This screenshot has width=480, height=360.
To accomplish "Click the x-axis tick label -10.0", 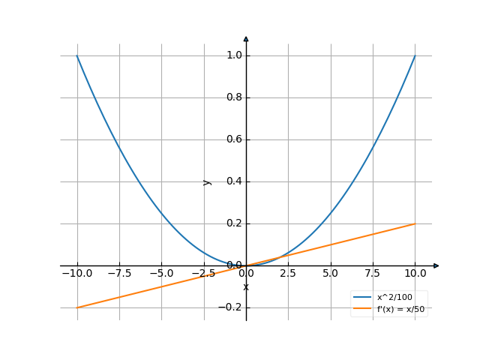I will pos(76,274).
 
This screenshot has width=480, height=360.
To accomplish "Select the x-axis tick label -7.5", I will pos(118,274).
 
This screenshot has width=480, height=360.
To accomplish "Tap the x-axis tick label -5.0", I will pos(160,274).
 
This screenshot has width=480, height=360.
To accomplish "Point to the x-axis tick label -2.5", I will pos(202,274).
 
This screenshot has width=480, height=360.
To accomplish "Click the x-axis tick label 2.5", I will pos(288,274).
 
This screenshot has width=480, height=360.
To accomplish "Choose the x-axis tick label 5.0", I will pos(330,274).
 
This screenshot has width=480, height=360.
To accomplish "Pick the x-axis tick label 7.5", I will pos(372,274).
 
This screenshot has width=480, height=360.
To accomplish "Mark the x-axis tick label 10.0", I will pos(414,274).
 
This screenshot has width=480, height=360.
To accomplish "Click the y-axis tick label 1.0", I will pos(234,55).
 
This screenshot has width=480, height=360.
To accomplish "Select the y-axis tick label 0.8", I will pos(234,97).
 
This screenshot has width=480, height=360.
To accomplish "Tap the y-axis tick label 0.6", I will pos(234,139).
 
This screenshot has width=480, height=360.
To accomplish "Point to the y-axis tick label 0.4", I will pos(234,181).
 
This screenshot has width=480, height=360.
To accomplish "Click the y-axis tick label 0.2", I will pos(234,223).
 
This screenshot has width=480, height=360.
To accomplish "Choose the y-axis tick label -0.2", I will pos(232,307).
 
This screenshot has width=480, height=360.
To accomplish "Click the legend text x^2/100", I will pos(394,298).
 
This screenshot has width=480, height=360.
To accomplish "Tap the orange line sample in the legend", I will pos(363,308).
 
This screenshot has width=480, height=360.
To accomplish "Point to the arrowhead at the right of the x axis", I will pos(436,265).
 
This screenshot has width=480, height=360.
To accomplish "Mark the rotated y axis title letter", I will pos(208,182).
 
